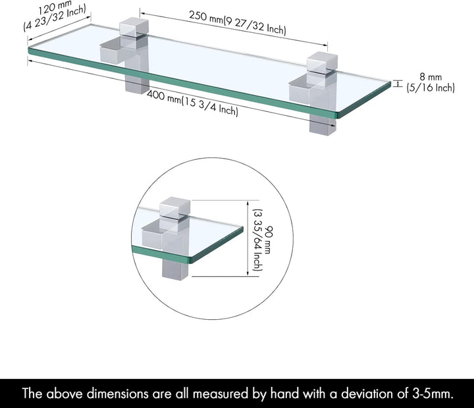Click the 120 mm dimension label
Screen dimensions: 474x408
pos(55,7)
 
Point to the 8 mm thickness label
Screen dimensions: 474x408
pos(431,77)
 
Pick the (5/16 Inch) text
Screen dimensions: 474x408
pos(431,88)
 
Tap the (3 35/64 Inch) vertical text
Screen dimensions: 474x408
pos(257,240)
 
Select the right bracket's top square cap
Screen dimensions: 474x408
pos(322,62)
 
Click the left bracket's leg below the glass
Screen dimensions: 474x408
pos(137,85)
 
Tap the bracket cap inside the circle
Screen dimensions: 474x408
pos(175,208)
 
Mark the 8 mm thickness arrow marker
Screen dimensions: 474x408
pos(398,84)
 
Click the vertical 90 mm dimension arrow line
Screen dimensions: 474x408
pos(248,238)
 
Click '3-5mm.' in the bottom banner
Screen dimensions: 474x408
pos(433,394)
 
